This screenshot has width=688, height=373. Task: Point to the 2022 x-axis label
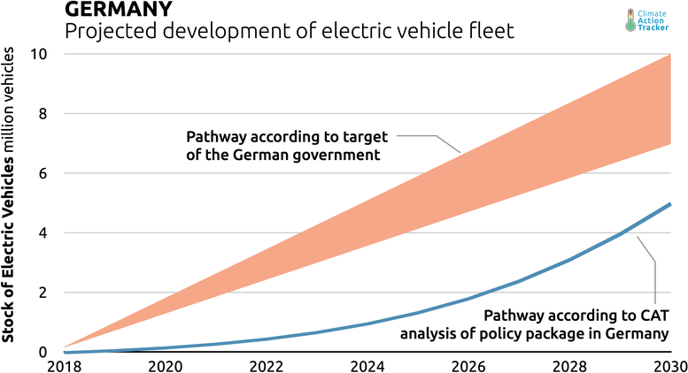pyautogui.click(x=265, y=365)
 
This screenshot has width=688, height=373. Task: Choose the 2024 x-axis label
pyautogui.click(x=367, y=365)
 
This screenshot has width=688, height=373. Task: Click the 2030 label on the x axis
pyautogui.click(x=666, y=365)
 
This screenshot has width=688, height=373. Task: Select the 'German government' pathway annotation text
pyautogui.click(x=282, y=146)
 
